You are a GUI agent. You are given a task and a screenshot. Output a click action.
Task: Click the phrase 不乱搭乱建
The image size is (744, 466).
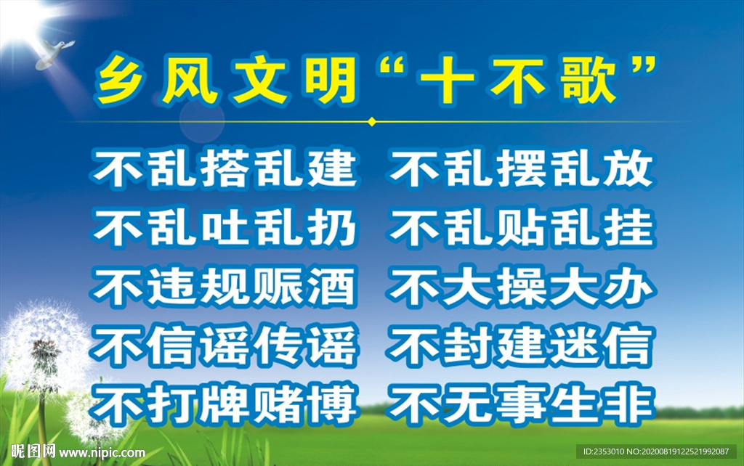pos(225,169)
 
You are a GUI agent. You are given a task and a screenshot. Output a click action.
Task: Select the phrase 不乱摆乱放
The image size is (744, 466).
pos(520,169)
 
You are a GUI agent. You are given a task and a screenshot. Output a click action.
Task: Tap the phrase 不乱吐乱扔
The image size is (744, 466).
pos(225,228)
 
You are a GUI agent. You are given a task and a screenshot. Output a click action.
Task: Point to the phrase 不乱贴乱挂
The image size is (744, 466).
pos(520,228)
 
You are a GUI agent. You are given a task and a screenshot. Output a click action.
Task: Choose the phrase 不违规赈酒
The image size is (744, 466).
pos(225,287)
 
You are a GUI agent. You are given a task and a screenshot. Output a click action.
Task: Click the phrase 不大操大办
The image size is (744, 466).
pos(520,287)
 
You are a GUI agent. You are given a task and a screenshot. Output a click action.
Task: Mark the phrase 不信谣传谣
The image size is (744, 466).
pos(225,346)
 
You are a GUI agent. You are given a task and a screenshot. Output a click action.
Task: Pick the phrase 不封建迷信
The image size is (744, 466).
pos(520,346)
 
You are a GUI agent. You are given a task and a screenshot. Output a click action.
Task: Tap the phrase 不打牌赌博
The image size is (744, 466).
pos(225,404)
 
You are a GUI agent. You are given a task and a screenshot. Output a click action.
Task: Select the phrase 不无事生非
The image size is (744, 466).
pos(520,404)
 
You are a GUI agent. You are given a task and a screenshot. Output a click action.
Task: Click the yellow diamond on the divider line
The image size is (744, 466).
pos(372,121)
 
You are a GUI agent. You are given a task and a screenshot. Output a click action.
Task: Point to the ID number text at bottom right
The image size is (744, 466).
pos(658,451)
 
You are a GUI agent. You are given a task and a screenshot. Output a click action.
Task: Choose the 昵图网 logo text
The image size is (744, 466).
pos(29,451)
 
